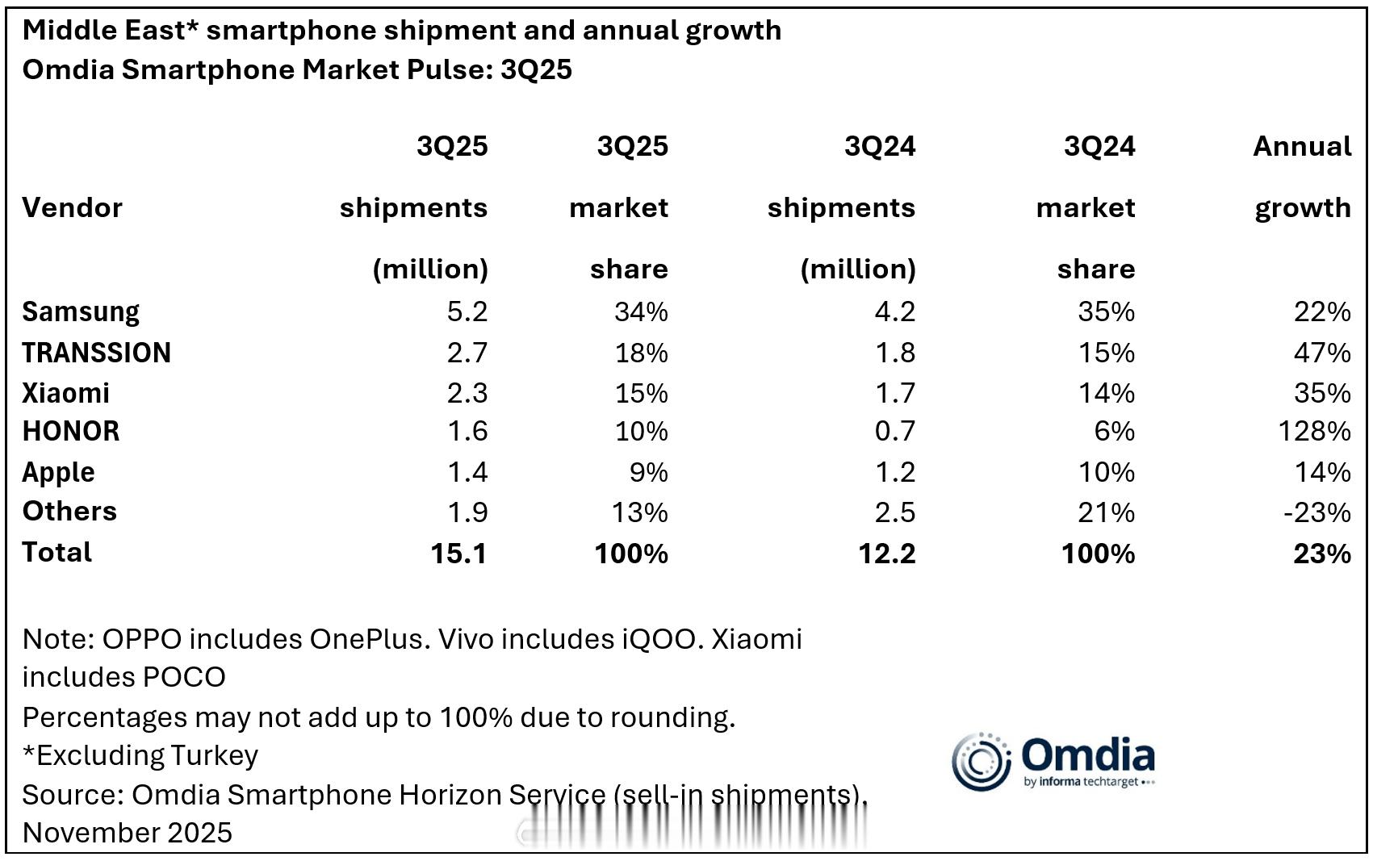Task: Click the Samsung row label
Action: coord(81,312)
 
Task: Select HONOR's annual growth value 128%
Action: coord(1314,432)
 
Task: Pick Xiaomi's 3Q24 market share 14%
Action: coord(1106,394)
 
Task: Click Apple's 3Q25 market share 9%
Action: coord(648,473)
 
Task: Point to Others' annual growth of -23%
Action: coord(1316,513)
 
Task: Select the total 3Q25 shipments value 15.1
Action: coord(458,554)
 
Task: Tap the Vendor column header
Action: coord(72,208)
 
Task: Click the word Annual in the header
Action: coord(1301,147)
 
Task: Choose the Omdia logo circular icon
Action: coord(981,761)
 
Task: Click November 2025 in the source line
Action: coord(127,833)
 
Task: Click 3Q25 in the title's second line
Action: coord(536,70)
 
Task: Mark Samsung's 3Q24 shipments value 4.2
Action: coord(894,312)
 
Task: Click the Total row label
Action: coord(57,553)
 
